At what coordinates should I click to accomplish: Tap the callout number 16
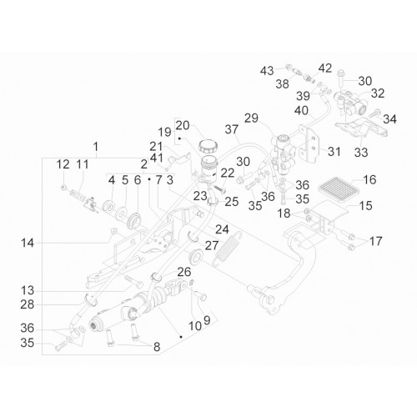pos(369,180)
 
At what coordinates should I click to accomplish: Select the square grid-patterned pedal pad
pos(338,187)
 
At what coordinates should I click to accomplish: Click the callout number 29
pos(251,118)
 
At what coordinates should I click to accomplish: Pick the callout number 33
pos(361,153)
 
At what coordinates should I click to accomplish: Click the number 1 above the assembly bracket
pos(96,147)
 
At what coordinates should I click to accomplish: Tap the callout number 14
pos(28,244)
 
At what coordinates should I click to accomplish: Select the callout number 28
pos(28,304)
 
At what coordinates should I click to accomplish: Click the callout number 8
pos(157,347)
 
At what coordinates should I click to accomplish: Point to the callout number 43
pos(267,71)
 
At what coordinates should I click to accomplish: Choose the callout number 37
pos(232,129)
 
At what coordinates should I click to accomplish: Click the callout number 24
pos(222,229)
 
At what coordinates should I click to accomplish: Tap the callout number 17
pos(375,241)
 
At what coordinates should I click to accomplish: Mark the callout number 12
pos(63,164)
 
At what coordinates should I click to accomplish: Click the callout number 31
pos(334,152)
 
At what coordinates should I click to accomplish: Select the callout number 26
pos(184,272)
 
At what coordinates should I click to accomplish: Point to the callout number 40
pos(301,111)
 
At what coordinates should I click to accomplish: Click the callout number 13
pos(28,291)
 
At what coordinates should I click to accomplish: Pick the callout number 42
pos(325,68)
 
